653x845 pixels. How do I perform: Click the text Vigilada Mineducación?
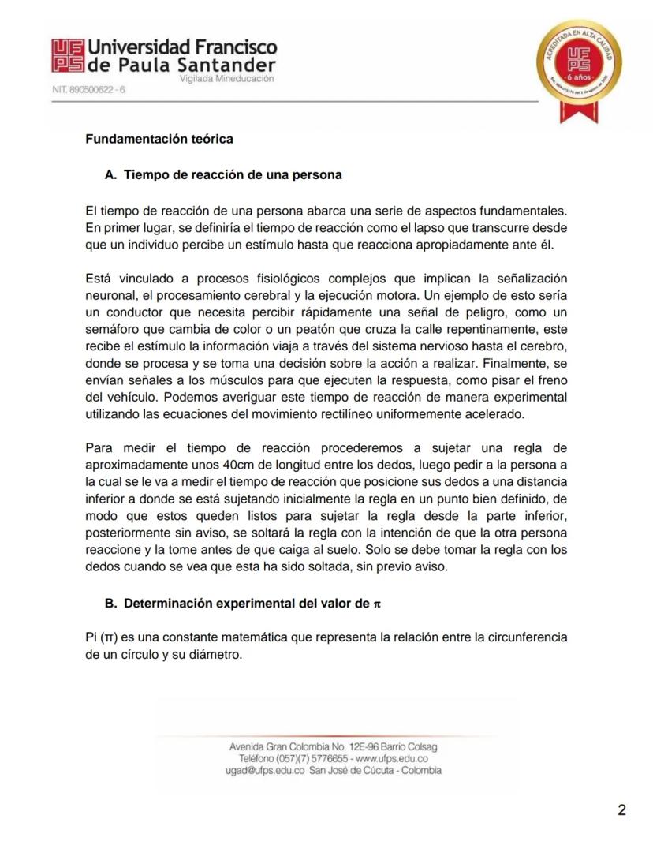[226, 80]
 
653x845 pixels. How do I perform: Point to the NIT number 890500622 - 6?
[88, 90]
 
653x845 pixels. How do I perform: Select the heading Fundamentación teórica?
[159, 140]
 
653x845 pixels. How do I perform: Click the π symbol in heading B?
[376, 604]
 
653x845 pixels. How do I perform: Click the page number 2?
[621, 810]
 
